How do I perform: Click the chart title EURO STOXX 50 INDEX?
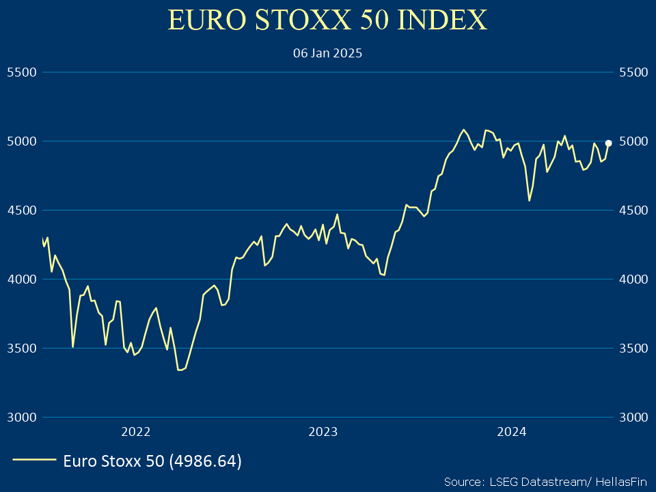tap(327, 20)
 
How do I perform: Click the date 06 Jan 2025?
tap(327, 53)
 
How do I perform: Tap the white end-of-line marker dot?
tap(608, 143)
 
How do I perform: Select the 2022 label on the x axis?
tap(135, 431)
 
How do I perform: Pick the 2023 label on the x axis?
tap(323, 431)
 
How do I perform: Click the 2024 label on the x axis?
tap(511, 431)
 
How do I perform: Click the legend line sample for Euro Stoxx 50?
tap(34, 461)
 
